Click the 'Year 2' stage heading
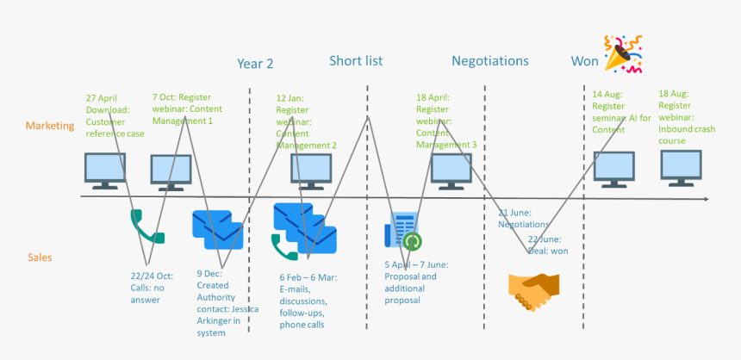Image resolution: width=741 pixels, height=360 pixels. point(255,63)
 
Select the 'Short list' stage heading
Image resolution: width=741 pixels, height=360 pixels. point(356,60)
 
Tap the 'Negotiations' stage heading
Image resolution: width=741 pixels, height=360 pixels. point(489,61)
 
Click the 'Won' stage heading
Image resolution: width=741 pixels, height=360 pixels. point(584,61)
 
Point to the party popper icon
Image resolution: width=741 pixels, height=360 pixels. point(622,53)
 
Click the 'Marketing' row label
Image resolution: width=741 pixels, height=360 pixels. point(50,126)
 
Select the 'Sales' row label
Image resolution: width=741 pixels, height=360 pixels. point(40,258)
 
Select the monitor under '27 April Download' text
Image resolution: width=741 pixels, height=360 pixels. point(104,170)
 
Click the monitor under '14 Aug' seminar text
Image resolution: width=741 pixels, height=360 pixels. point(613,169)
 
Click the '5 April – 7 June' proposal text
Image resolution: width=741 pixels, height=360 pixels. point(416,282)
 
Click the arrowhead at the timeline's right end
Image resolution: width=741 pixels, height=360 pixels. point(706,199)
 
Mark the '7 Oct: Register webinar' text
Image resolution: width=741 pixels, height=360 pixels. point(182,109)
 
